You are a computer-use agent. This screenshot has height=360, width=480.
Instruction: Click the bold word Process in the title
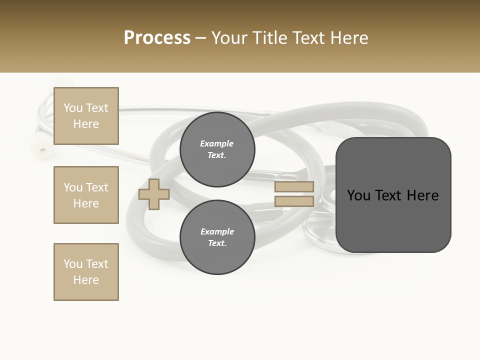coord(157,38)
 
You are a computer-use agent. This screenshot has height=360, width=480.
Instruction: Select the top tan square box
coord(86,116)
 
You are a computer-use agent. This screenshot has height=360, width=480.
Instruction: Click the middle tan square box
coord(86,195)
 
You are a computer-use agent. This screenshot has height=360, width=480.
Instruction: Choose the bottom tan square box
coord(86,272)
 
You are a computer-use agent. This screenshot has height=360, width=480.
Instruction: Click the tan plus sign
coord(154,194)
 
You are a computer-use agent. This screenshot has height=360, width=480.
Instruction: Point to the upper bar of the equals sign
coord(294,186)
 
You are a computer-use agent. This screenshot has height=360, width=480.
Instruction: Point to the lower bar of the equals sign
coord(294,201)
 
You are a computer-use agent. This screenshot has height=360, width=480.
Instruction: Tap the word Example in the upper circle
coord(216,143)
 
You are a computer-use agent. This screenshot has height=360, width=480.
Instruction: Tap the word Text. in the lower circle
coord(217,243)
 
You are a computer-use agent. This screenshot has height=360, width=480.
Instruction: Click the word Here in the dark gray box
coord(422,195)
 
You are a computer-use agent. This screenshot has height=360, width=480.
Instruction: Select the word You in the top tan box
coord(73,108)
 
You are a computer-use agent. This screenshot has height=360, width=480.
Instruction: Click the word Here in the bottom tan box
coord(86,280)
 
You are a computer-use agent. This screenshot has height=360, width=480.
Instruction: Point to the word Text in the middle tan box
coord(97,187)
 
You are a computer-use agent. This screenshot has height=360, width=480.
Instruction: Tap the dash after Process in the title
coord(201,38)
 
